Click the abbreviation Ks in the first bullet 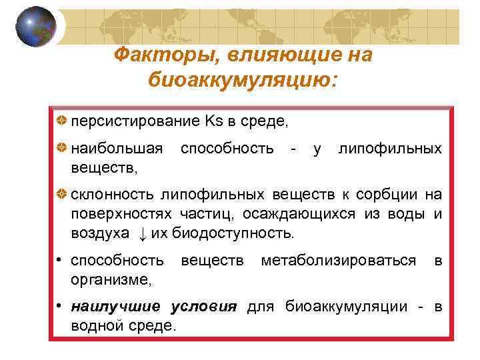[x=216, y=121]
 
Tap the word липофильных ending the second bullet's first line [x=390, y=147]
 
